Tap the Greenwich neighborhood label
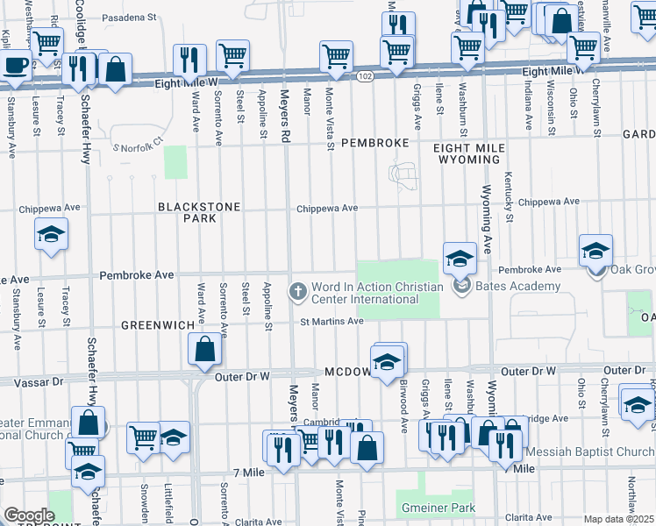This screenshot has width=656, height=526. (x=158, y=325)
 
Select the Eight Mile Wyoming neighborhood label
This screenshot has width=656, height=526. (x=467, y=154)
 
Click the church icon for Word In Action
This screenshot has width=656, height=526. (x=298, y=291)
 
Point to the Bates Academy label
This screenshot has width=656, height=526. (x=518, y=286)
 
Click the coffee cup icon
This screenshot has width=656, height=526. (x=15, y=64)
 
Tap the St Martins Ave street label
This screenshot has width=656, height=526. (x=332, y=322)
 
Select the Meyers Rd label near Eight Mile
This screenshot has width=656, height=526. (x=284, y=106)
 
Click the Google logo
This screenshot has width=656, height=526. (x=29, y=515)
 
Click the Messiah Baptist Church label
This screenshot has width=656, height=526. (x=589, y=452)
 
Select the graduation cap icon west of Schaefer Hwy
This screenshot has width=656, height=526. (x=52, y=234)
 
